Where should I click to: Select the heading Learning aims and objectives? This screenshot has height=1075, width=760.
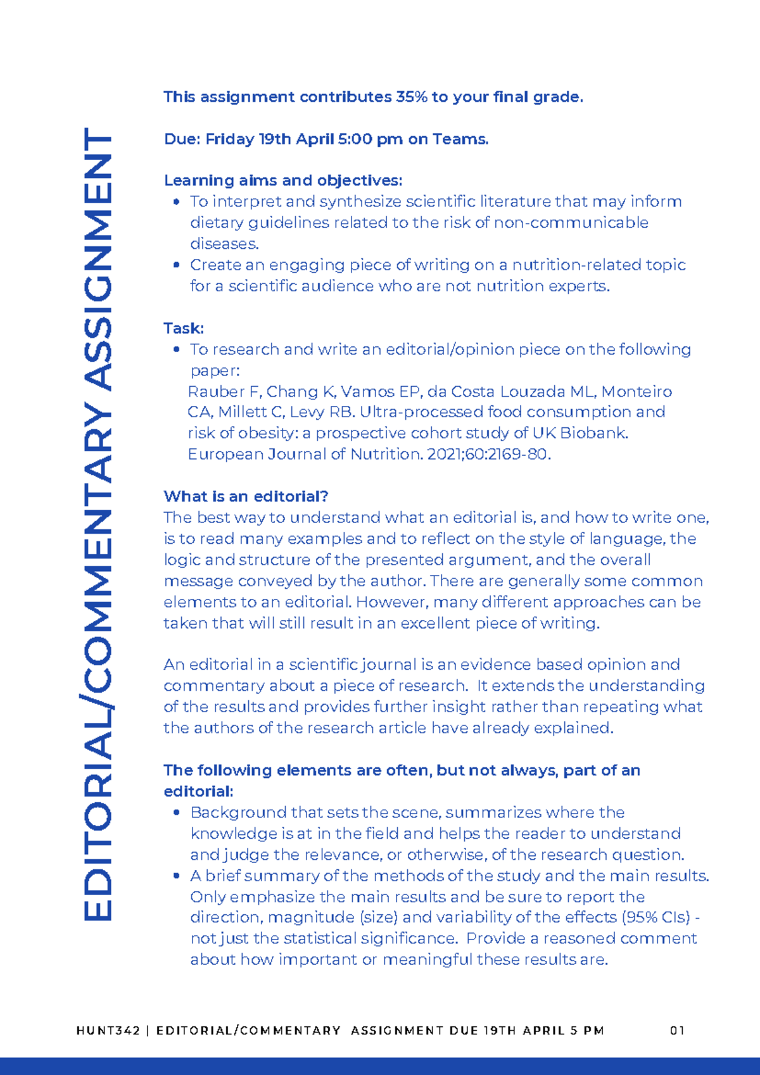[282, 180]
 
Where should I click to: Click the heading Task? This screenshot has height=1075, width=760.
[184, 328]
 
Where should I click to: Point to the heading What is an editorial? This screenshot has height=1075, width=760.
[246, 496]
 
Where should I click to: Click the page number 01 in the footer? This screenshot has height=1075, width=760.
[677, 1031]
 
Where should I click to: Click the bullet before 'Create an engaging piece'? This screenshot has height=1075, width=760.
[177, 265]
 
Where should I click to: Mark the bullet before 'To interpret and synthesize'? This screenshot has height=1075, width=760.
[177, 202]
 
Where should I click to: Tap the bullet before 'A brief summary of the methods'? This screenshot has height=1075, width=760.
[177, 876]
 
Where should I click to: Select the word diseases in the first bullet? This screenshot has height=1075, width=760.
[224, 244]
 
